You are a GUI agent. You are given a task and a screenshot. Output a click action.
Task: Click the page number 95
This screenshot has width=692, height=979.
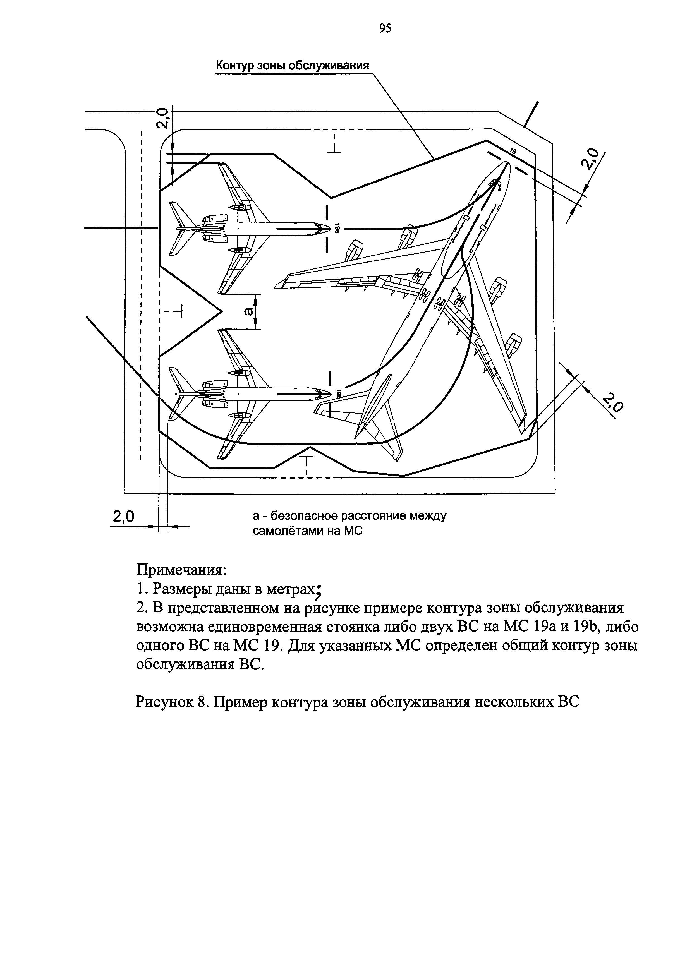coord(385,28)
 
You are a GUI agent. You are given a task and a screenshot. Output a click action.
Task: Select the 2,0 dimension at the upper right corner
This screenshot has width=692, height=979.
coord(592,160)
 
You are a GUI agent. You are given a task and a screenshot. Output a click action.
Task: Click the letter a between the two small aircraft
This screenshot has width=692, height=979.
coord(248,313)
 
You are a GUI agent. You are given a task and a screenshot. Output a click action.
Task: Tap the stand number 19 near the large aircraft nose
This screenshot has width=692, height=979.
coord(513,151)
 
